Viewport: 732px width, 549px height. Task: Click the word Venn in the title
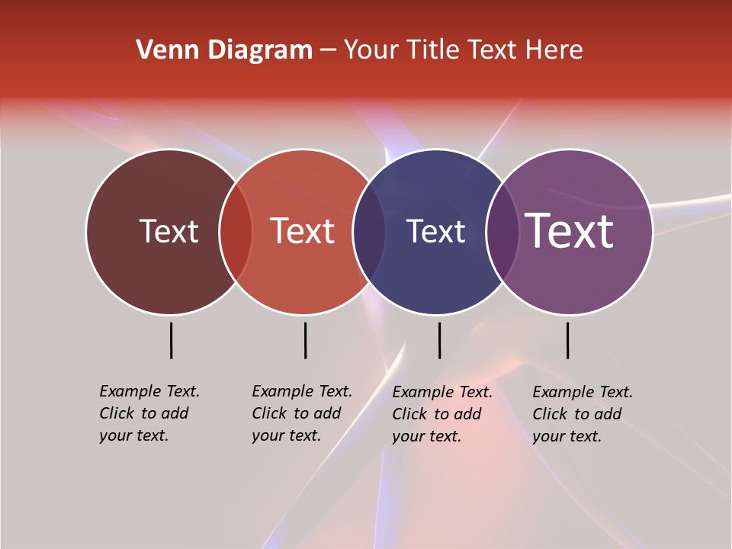tap(158, 50)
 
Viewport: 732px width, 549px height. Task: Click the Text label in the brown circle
tap(169, 231)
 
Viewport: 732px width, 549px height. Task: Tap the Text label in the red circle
tap(303, 231)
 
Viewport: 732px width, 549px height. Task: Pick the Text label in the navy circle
tap(435, 231)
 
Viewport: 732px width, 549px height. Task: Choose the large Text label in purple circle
tap(570, 231)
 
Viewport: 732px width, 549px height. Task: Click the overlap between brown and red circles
tap(236, 232)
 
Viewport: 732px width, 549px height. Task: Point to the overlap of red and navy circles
tap(369, 232)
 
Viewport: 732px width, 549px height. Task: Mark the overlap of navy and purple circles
tap(502, 232)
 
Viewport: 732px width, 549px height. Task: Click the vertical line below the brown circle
tap(171, 340)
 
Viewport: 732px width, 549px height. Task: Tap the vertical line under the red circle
tap(305, 340)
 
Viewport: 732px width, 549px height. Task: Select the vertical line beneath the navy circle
tap(439, 340)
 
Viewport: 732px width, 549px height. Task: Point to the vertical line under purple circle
tap(567, 340)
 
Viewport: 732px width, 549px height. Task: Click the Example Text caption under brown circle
tap(149, 413)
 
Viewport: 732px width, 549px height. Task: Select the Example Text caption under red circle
tap(301, 413)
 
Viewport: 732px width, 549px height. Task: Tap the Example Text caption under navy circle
tap(441, 414)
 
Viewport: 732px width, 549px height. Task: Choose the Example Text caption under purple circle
tap(582, 414)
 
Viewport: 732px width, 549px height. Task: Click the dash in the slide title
tap(328, 50)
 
